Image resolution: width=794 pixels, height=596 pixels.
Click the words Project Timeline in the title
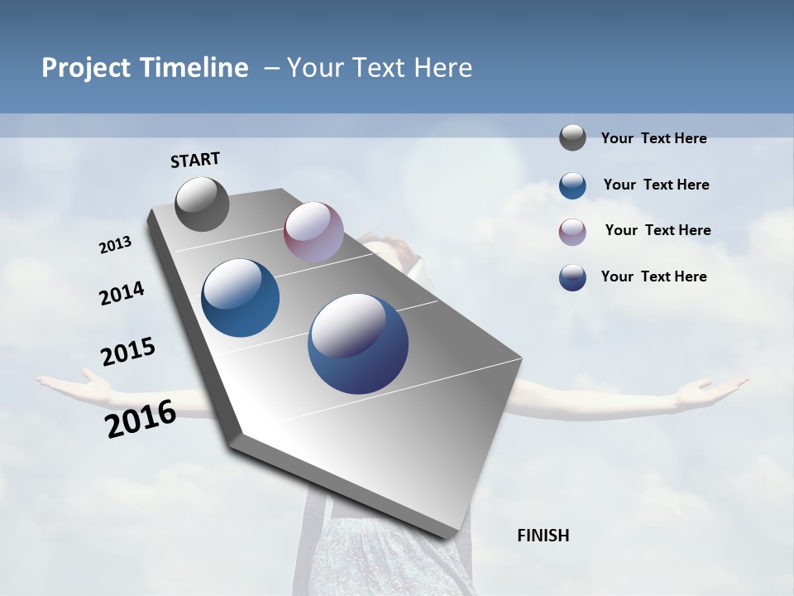tap(145, 68)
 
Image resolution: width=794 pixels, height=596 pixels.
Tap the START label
tap(195, 160)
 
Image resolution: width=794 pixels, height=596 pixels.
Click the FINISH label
tap(543, 536)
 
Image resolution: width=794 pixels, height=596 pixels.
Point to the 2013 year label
tap(116, 245)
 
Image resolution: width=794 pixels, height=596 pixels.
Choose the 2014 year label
tap(122, 293)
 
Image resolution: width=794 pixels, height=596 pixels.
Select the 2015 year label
tap(128, 352)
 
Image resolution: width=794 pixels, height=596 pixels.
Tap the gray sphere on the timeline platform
tap(203, 204)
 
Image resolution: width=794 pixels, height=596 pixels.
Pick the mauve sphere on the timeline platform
tap(313, 232)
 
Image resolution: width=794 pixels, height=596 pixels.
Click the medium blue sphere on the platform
tap(241, 298)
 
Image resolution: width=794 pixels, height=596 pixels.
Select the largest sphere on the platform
tap(358, 343)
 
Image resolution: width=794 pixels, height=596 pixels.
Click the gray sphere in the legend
tap(572, 137)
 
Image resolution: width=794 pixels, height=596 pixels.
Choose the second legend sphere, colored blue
tap(572, 185)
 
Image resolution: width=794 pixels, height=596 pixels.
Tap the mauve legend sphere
tap(572, 232)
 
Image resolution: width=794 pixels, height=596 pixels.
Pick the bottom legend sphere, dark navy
tap(572, 277)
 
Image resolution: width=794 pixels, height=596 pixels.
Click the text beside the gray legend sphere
tap(653, 138)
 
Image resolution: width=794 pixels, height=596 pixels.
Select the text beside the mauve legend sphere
tap(658, 230)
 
